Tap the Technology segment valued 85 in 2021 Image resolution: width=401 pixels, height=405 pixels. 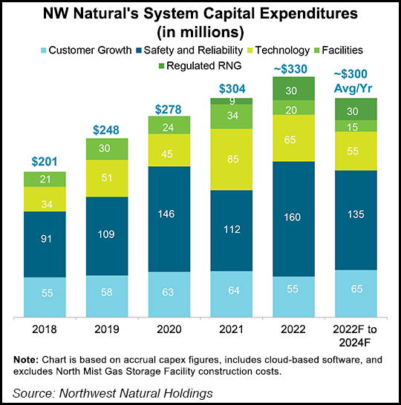(232, 159)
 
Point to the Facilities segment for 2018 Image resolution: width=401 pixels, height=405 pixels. (45, 179)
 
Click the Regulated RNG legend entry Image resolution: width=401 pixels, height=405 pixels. (198, 66)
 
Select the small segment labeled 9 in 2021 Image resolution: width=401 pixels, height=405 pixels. (232, 101)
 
